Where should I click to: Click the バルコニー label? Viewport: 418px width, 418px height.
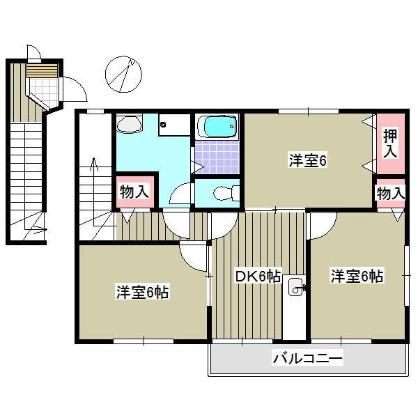(x=307, y=359)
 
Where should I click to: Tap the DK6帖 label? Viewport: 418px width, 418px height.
(x=257, y=277)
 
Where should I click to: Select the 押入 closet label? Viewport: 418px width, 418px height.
(x=390, y=142)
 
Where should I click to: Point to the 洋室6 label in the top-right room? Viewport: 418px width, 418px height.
(x=308, y=160)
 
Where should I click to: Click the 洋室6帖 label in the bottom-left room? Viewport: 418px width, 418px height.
(x=143, y=292)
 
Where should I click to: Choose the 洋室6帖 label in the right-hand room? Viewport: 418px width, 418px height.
(x=357, y=276)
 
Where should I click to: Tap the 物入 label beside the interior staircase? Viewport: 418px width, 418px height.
(x=134, y=191)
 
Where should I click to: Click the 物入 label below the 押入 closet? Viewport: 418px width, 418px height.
(x=390, y=193)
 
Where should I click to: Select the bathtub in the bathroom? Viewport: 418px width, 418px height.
(x=218, y=127)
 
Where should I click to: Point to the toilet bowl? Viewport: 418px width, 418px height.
(x=221, y=192)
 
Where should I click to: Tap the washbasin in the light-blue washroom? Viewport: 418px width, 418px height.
(x=129, y=125)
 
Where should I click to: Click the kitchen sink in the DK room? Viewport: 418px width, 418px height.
(x=295, y=284)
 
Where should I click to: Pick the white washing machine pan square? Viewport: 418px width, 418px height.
(x=173, y=127)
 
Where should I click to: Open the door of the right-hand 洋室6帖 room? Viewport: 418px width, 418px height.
(x=323, y=224)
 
